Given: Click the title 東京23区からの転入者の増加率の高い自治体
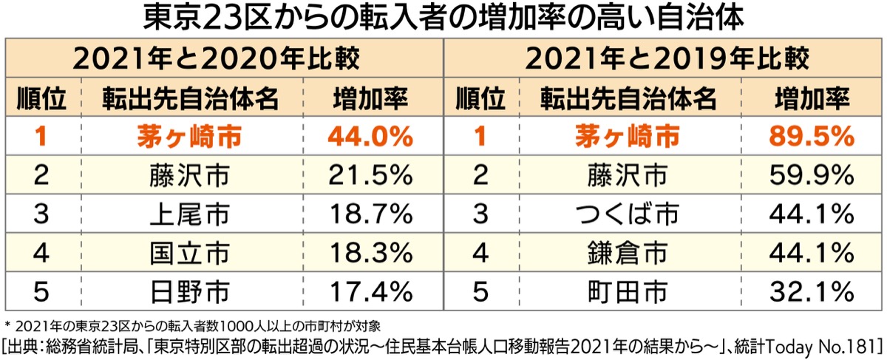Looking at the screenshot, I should tap(443, 18).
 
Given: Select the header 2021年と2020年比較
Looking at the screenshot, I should tap(226, 58).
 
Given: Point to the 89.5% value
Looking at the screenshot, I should tap(810, 136).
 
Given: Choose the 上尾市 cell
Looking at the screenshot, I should tap(190, 214).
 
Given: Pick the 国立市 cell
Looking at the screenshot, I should tap(190, 253).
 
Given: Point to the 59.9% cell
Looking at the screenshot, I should tap(810, 175).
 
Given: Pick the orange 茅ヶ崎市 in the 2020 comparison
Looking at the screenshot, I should tap(190, 136).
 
